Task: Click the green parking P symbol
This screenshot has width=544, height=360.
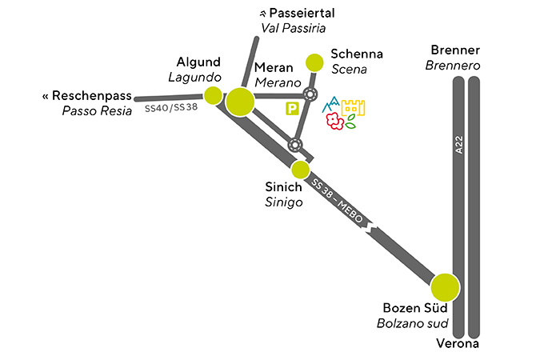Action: coord(292,107)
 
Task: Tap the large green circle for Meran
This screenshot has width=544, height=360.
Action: coord(240,102)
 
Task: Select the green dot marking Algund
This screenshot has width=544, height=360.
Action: coord(213,96)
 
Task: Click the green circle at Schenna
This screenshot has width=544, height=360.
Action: coord(315,62)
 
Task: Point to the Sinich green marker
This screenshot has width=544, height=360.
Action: coord(300,170)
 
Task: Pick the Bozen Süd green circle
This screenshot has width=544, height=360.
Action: coord(445,287)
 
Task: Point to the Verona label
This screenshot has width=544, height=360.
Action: coord(458,345)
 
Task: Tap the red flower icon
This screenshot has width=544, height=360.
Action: coord(332,122)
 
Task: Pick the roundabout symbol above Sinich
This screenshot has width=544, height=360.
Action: coord(295,145)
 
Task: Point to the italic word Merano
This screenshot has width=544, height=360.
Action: coord(277,83)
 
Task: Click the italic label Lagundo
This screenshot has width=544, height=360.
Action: coord(194,77)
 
